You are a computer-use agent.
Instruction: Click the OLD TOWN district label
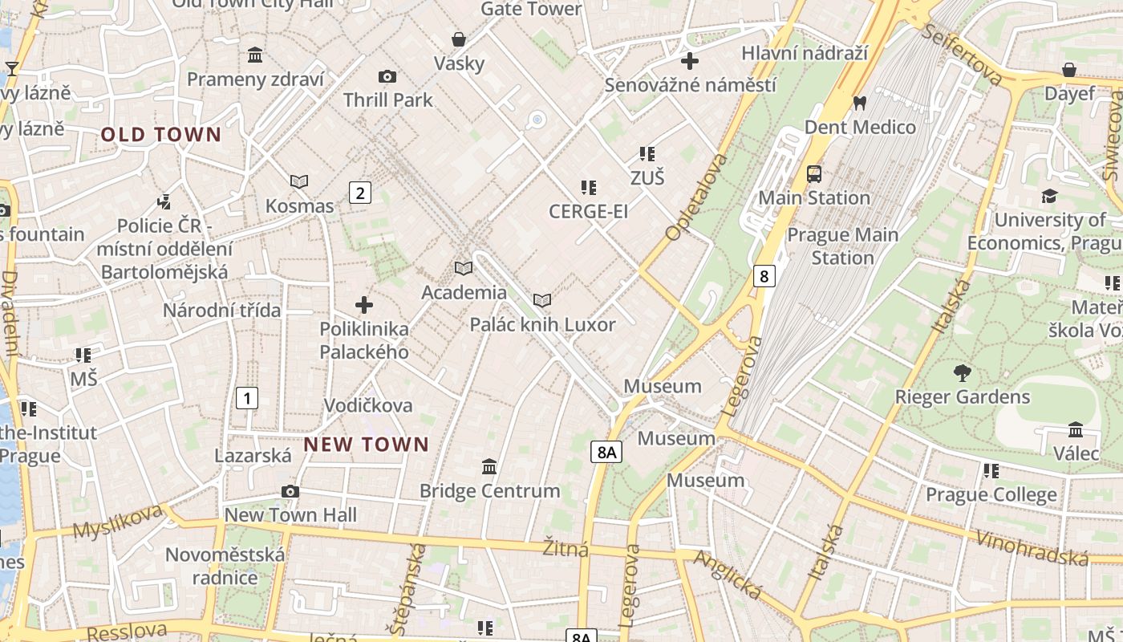pyautogui.click(x=160, y=135)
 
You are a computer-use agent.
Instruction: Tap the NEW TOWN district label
pyautogui.click(x=367, y=445)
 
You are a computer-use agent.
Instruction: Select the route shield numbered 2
pyautogui.click(x=360, y=193)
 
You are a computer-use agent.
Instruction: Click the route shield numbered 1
pyautogui.click(x=247, y=397)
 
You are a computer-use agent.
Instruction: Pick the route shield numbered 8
pyautogui.click(x=764, y=277)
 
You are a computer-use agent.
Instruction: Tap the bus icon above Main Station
pyautogui.click(x=814, y=174)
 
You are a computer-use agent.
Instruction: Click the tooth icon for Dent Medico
pyautogui.click(x=860, y=103)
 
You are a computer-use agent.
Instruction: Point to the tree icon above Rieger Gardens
pyautogui.click(x=962, y=373)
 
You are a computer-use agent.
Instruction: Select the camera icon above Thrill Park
pyautogui.click(x=387, y=76)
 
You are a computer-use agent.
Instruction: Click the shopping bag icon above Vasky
pyautogui.click(x=459, y=39)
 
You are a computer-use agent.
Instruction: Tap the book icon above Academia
pyautogui.click(x=464, y=268)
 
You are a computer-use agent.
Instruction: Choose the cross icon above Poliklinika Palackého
pyautogui.click(x=364, y=305)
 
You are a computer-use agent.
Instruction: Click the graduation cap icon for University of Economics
pyautogui.click(x=1048, y=196)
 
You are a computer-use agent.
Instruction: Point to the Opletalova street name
pyautogui.click(x=696, y=197)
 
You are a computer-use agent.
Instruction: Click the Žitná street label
pyautogui.click(x=566, y=549)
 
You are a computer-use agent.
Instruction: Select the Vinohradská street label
pyautogui.click(x=1032, y=548)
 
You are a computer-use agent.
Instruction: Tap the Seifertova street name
pyautogui.click(x=963, y=54)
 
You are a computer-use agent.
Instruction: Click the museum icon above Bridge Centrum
pyautogui.click(x=489, y=466)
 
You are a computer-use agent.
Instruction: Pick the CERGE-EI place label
pyautogui.click(x=588, y=211)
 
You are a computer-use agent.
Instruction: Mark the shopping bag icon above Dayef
pyautogui.click(x=1068, y=70)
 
